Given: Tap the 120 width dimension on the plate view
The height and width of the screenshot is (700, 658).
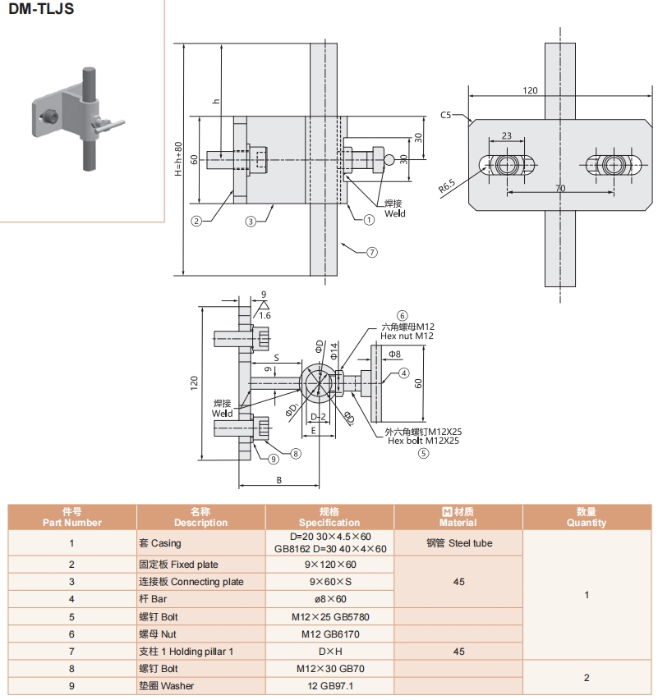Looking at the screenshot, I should point(530,90).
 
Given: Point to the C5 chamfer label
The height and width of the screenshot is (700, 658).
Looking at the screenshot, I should point(446,115).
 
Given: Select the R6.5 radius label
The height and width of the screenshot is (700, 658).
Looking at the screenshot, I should point(447,186).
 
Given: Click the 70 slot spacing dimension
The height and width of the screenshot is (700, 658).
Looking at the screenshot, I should point(559,189).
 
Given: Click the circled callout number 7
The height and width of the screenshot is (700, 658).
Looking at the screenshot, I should point(371,252).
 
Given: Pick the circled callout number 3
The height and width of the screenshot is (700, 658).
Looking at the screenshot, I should point(251,220).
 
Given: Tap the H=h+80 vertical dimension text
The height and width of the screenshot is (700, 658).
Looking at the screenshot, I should point(178,160).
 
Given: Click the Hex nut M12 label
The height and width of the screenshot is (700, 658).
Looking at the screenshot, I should point(407,336).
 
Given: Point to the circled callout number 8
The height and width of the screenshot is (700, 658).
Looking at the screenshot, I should point(296,452).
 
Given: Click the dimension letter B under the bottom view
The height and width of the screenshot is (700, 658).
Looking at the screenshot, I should point(279,480).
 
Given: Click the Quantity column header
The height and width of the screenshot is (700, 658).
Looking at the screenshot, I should point(586,517).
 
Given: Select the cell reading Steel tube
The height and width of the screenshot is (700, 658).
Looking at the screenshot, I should point(458,542).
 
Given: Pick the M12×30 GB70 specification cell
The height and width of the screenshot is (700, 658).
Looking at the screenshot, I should point(329,669).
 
